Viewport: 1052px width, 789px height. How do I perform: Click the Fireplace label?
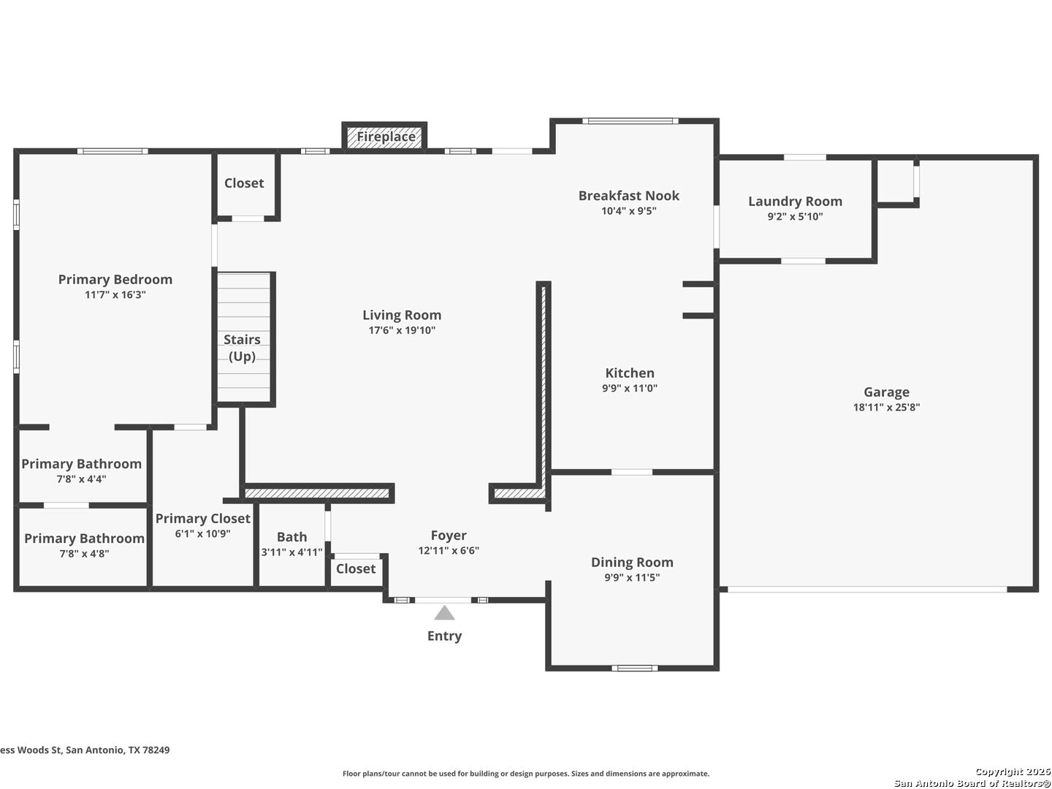click(386, 137)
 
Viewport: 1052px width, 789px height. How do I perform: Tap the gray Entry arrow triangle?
click(444, 613)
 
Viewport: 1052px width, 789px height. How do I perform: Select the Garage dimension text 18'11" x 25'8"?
click(886, 407)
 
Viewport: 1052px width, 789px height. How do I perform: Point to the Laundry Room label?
click(795, 201)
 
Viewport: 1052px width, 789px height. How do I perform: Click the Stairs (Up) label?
click(242, 348)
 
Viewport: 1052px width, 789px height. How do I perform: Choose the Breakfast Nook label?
click(629, 196)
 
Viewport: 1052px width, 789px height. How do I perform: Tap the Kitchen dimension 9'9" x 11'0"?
click(630, 388)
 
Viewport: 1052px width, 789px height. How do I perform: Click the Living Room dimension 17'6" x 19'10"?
click(402, 330)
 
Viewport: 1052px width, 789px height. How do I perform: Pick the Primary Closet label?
click(203, 519)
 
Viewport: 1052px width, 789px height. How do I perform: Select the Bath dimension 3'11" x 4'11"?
click(292, 552)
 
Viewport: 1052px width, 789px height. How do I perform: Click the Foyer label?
click(449, 535)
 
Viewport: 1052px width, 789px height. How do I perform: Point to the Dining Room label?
click(632, 562)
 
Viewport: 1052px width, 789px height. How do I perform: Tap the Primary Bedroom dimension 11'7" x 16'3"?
click(115, 294)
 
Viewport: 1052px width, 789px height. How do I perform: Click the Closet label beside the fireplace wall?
click(244, 183)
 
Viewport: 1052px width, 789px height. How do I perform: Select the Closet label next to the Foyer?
click(356, 568)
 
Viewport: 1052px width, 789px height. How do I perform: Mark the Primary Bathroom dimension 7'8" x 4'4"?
click(82, 479)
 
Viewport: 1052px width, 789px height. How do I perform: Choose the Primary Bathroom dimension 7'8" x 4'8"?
click(84, 554)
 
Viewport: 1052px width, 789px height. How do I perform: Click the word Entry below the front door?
click(444, 636)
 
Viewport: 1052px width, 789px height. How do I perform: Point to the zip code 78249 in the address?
click(156, 750)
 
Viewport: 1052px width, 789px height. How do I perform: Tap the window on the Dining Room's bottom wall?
click(635, 668)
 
